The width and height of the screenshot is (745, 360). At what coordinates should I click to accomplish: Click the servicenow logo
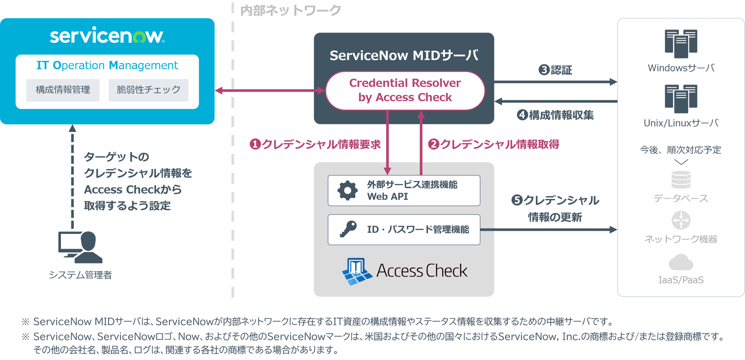pyautogui.click(x=107, y=36)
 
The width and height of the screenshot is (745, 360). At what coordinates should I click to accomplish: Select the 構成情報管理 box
pyautogui.click(x=63, y=90)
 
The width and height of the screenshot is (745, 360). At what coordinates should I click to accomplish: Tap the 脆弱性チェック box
pyautogui.click(x=148, y=90)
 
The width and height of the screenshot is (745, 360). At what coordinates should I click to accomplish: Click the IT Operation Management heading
pyautogui.click(x=107, y=65)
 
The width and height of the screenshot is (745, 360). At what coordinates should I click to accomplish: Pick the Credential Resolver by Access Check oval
pyautogui.click(x=405, y=91)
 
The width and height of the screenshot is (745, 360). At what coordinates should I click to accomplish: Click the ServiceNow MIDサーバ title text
pyautogui.click(x=404, y=55)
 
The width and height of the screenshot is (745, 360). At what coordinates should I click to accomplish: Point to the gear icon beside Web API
pyautogui.click(x=347, y=191)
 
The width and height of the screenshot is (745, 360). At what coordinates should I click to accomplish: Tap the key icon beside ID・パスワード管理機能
pyautogui.click(x=348, y=229)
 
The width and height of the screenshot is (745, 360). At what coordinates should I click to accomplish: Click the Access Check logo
pyautogui.click(x=405, y=271)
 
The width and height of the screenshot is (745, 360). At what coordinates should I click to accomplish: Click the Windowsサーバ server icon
pyautogui.click(x=681, y=43)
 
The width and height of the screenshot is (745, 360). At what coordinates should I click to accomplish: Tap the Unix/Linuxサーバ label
pyautogui.click(x=681, y=123)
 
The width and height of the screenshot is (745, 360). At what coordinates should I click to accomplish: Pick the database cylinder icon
pyautogui.click(x=681, y=179)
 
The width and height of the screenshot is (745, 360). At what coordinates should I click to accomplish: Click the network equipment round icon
pyautogui.click(x=681, y=220)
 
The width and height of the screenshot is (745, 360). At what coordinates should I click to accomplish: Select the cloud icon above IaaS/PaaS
pyautogui.click(x=681, y=263)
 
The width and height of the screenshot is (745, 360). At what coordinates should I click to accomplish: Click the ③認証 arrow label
pyautogui.click(x=555, y=70)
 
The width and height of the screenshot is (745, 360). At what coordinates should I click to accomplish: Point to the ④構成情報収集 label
pyautogui.click(x=555, y=115)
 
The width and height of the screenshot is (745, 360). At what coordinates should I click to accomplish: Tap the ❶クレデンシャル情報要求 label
pyautogui.click(x=315, y=144)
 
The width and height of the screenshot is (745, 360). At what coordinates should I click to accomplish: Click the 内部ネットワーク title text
pyautogui.click(x=290, y=10)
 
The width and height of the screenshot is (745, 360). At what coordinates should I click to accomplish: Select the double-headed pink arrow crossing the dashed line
pyautogui.click(x=270, y=91)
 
